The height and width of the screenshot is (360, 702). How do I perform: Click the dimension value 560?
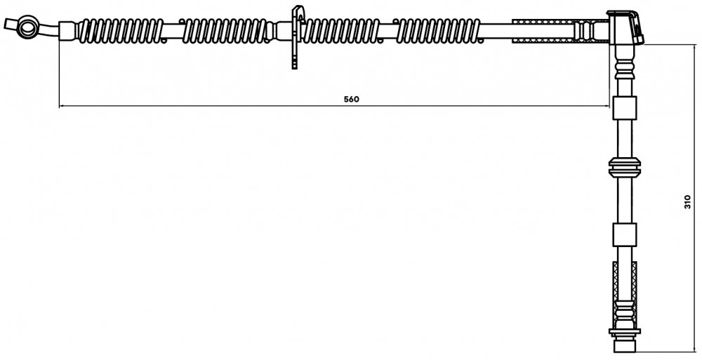pos(352,100)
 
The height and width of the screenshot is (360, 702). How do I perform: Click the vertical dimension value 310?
pos(688,202)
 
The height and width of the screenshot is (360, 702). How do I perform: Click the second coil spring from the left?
pos(224,32)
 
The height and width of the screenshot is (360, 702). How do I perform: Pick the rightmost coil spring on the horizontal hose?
pos(438,32)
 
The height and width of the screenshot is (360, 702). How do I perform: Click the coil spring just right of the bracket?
pos(341,32)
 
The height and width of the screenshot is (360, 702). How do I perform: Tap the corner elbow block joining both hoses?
pos(625,28)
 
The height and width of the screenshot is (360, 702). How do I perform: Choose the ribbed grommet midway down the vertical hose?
pos(625,168)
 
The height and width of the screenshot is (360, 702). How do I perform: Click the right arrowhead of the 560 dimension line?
pos(607,106)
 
